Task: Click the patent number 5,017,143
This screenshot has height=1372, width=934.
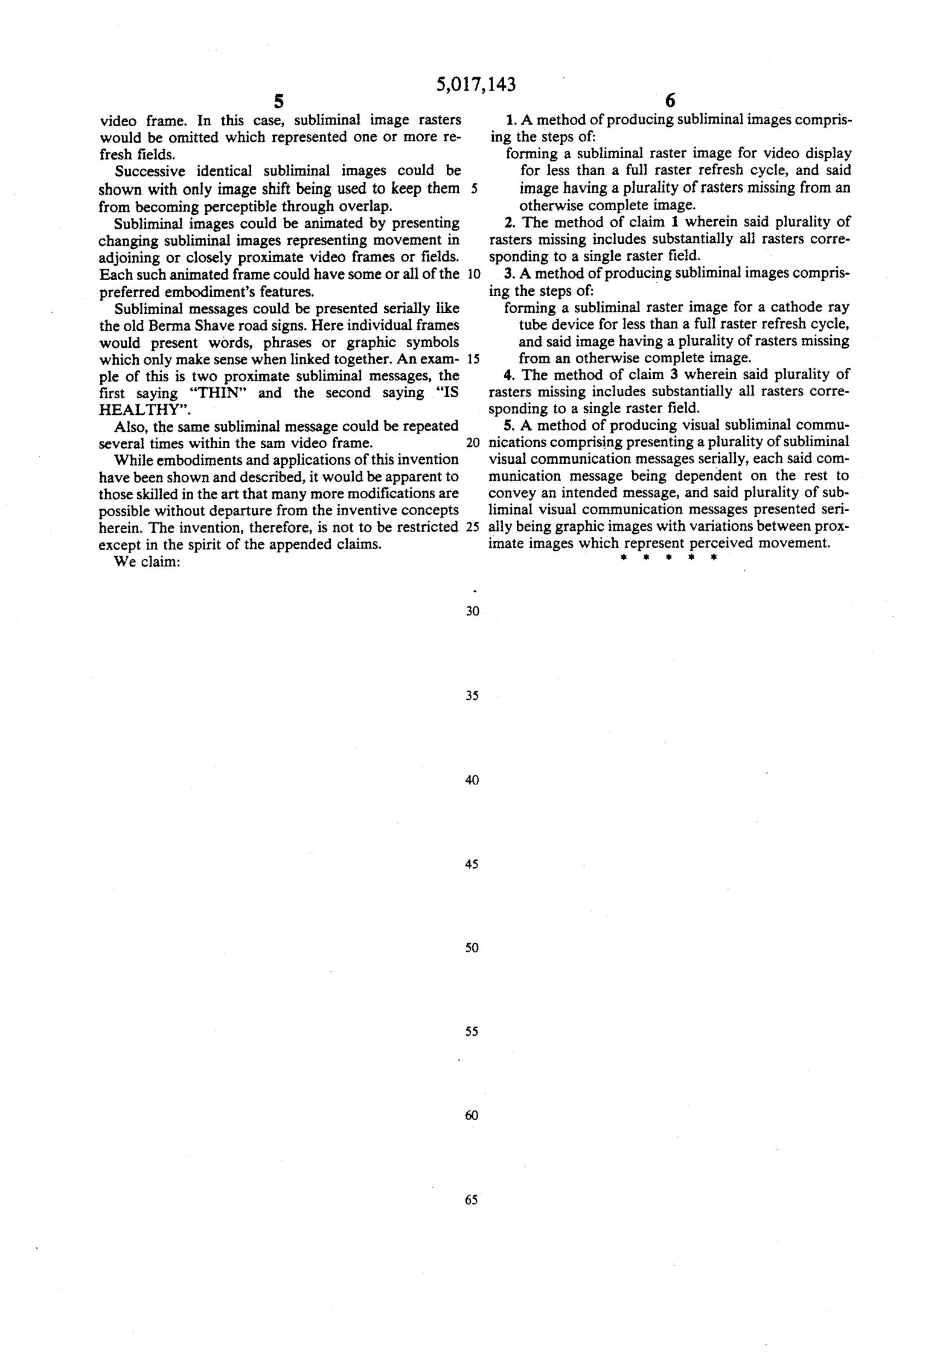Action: [x=476, y=85]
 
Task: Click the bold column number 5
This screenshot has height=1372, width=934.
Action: [x=278, y=101]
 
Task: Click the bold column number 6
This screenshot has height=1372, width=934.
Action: [x=670, y=101]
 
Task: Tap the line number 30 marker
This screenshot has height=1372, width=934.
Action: [x=473, y=612]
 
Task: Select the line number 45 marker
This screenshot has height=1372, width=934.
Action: [x=472, y=864]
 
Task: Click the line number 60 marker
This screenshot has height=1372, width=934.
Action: [x=472, y=1115]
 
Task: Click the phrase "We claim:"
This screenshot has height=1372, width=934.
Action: [x=148, y=562]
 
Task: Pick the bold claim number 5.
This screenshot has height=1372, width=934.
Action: [x=508, y=425]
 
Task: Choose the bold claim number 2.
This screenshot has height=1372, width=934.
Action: [x=508, y=222]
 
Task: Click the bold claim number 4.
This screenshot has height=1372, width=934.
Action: [x=508, y=374]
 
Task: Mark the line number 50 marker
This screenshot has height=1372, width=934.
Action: [x=472, y=948]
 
